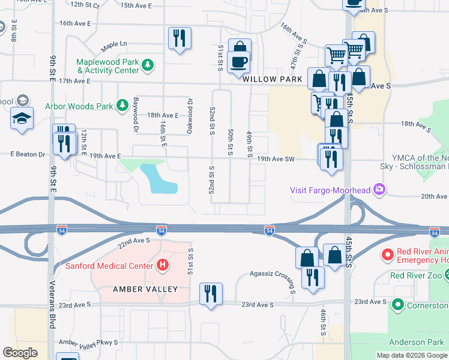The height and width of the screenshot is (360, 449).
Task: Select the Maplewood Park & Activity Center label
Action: pyautogui.click(x=108, y=66)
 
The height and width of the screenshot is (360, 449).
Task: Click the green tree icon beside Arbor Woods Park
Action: pyautogui.click(x=122, y=106)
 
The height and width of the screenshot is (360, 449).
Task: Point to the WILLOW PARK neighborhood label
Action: pyautogui.click(x=273, y=79)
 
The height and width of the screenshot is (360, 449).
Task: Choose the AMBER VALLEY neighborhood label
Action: pyautogui.click(x=146, y=289)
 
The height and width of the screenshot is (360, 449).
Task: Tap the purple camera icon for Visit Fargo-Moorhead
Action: pyautogui.click(x=379, y=190)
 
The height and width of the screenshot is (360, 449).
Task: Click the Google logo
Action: pyautogui.click(x=20, y=353)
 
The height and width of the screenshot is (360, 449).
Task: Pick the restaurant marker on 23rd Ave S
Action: pyautogui.click(x=211, y=293)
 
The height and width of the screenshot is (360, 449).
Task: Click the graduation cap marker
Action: pyautogui.click(x=22, y=118)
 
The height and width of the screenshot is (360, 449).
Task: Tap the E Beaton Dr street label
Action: pyautogui.click(x=28, y=154)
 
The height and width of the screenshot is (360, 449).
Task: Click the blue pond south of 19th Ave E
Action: pyautogui.click(x=157, y=179)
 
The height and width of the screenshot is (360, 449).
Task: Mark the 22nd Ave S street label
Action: pyautogui.click(x=133, y=241)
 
